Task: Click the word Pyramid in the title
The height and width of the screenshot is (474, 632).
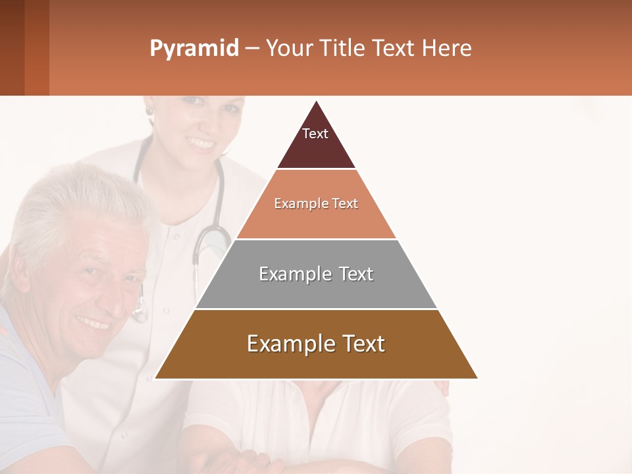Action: pyautogui.click(x=194, y=49)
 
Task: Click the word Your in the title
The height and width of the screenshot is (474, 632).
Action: pyautogui.click(x=288, y=49)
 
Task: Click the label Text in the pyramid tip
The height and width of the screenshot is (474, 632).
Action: pyautogui.click(x=315, y=134)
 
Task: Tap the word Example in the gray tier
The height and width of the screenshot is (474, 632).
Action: pyautogui.click(x=292, y=274)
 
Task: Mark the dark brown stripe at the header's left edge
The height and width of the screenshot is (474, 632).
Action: pyautogui.click(x=12, y=47)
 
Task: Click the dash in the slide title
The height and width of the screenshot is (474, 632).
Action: pyautogui.click(x=252, y=49)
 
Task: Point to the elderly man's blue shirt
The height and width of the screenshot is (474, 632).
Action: pyautogui.click(x=26, y=395)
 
